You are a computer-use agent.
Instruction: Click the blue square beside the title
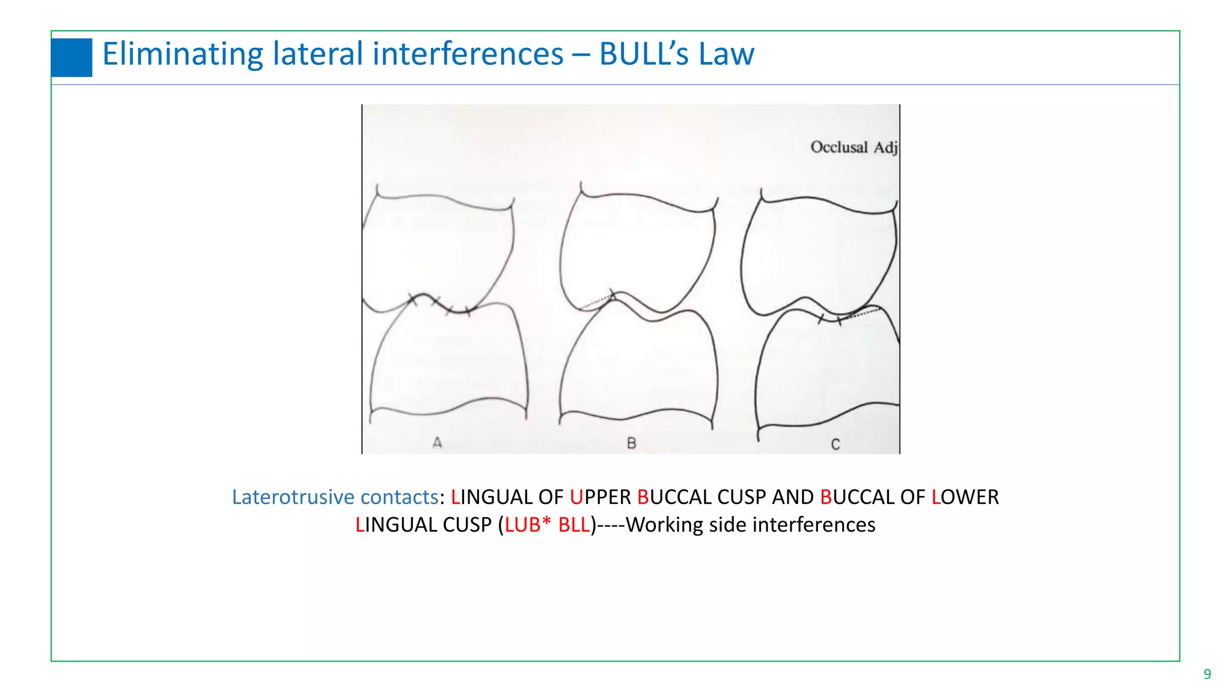[72, 58]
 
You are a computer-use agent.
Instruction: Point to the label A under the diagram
[437, 443]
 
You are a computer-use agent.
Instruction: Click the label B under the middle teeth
[631, 443]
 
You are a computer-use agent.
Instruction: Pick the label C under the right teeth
[835, 445]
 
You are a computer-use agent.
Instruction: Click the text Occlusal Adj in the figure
[854, 147]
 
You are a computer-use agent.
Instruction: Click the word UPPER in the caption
[600, 497]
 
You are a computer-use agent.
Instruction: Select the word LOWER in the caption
[965, 497]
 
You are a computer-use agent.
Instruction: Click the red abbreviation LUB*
[528, 525]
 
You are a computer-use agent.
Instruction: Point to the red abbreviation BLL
[574, 525]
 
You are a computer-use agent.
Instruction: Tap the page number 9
[1207, 674]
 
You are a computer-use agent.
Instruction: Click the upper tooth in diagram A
[439, 246]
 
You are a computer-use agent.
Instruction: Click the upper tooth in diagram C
[817, 252]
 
